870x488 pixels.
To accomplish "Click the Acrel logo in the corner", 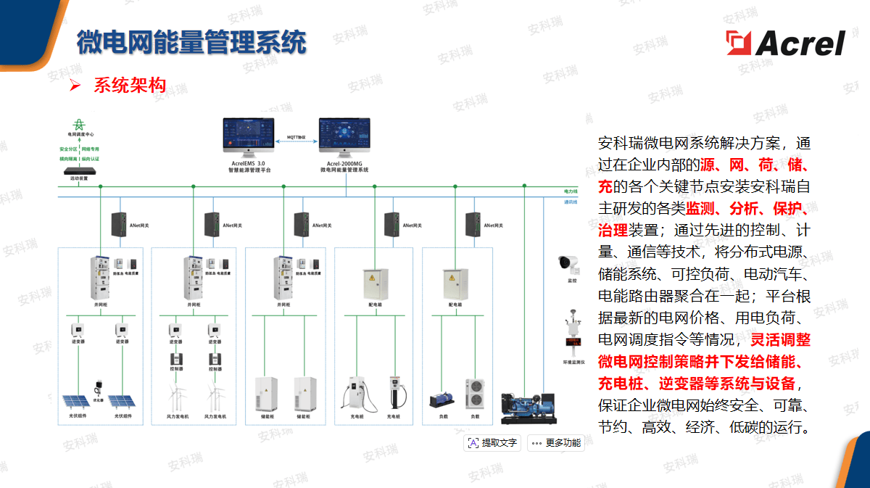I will [786, 44].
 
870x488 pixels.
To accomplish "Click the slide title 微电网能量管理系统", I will [191, 43].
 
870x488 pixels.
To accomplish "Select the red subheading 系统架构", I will [130, 86].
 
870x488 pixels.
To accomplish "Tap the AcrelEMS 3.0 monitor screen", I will [249, 136].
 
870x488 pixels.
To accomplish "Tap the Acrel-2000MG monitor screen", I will [344, 136].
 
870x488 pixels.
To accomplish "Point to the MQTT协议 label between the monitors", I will [297, 136].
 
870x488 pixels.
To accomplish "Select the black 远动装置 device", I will [79, 171].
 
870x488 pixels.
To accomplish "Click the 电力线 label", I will [571, 191].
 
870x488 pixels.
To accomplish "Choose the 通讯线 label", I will [571, 202].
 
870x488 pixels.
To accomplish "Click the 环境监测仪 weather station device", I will [572, 334].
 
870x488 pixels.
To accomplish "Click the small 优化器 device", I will [98, 386].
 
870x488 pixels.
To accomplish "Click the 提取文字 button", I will [493, 443].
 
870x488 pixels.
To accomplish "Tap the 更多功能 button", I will [556, 443].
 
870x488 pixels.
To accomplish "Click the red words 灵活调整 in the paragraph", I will [780, 339].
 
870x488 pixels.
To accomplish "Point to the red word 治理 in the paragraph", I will [613, 231].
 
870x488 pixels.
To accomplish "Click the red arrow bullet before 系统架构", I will [74, 86].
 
